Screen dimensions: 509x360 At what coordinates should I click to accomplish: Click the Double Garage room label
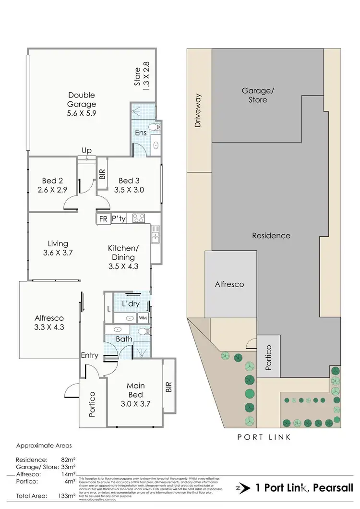(x=82, y=104)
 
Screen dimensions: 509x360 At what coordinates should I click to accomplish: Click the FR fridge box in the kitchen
(x=103, y=219)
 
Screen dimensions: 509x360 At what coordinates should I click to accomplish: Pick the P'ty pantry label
(x=119, y=219)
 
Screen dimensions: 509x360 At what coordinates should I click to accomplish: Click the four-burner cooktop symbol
(x=139, y=218)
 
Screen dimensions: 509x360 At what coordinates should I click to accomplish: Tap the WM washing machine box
(x=143, y=318)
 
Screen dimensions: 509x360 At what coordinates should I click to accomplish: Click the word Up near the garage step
(x=87, y=151)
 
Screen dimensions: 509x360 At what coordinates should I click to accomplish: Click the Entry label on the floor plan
(x=90, y=356)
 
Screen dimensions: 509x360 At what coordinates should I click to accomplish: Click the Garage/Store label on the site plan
(x=254, y=95)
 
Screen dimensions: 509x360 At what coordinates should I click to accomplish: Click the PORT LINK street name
(x=264, y=437)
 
